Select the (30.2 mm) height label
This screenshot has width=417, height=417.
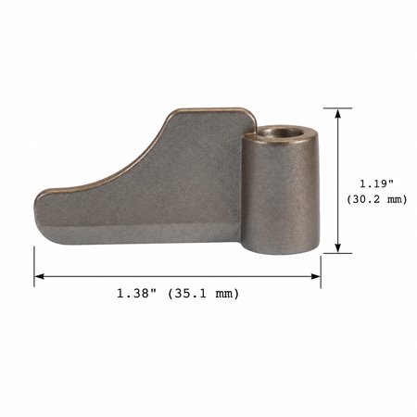click(x=376, y=199)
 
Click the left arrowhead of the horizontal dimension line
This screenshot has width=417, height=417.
click(x=40, y=276)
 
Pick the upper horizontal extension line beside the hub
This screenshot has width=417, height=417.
click(x=334, y=108)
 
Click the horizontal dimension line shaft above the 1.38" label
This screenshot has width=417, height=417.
click(x=176, y=276)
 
